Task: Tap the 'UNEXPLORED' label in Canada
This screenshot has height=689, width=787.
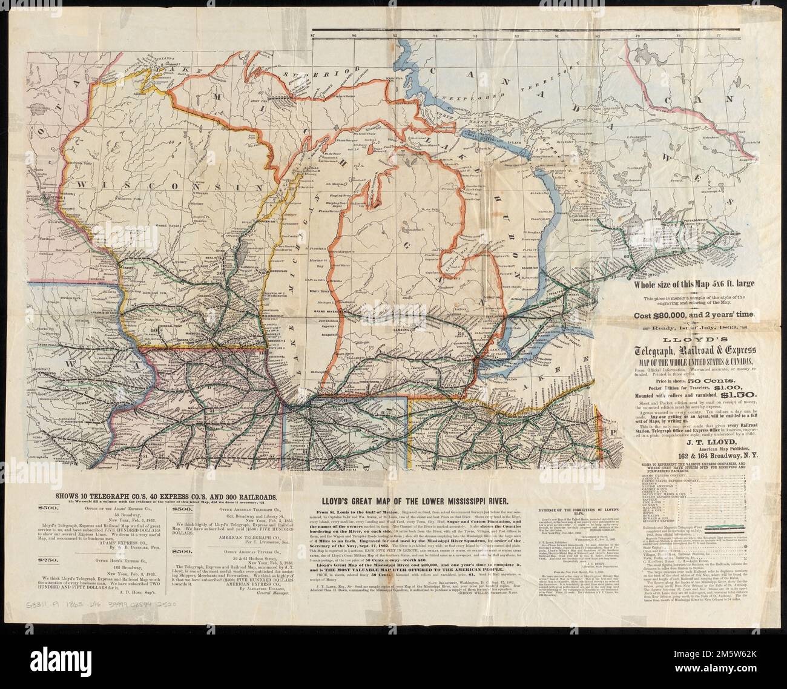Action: click(460, 95)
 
